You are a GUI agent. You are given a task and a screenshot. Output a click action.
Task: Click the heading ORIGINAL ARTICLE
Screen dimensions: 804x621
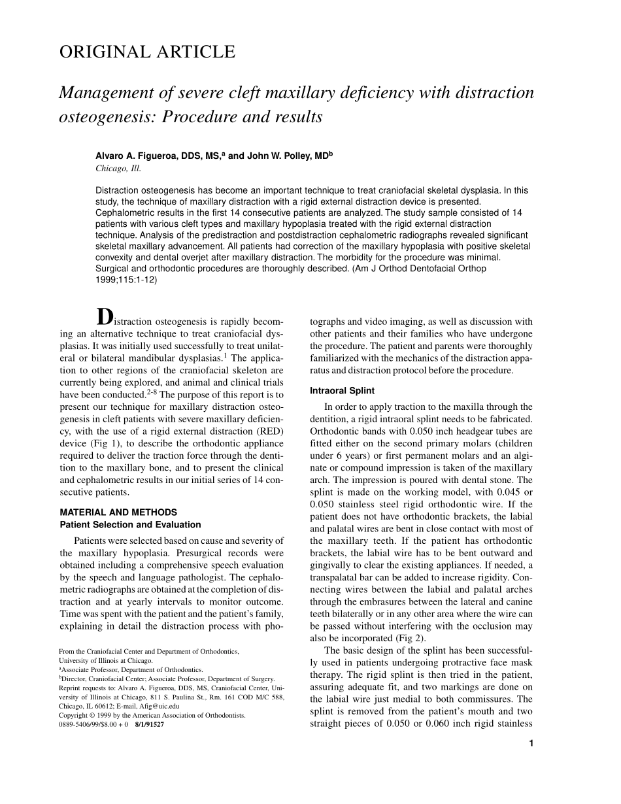click(147, 52)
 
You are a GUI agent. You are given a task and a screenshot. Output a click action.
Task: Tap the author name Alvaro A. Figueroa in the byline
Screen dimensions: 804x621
click(139, 156)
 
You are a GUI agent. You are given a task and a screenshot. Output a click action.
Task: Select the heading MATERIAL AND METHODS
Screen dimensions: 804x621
click(118, 512)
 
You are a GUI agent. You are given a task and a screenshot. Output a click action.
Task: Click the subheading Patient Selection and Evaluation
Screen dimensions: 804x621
click(131, 524)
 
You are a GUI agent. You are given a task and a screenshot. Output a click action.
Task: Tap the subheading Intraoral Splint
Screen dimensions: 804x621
click(342, 391)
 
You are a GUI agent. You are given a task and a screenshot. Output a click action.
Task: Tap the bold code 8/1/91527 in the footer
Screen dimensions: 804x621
click(149, 724)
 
